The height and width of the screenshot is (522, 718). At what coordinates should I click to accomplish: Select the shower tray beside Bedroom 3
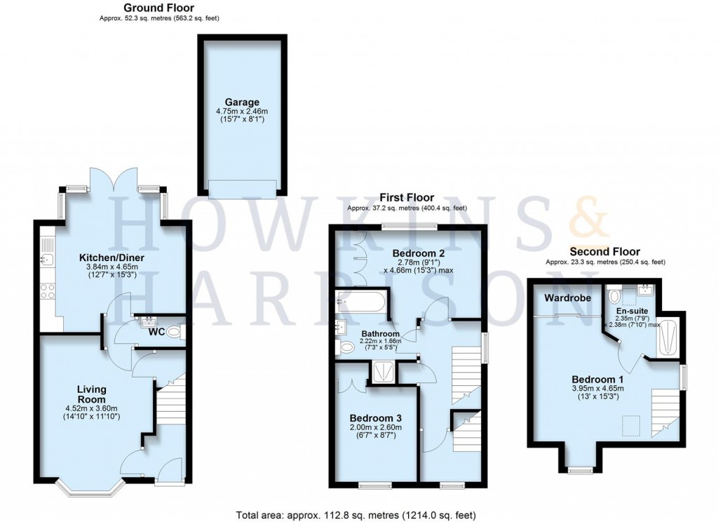pyautogui.click(x=384, y=371)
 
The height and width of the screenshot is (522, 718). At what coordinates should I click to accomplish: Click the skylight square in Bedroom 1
pyautogui.click(x=633, y=423)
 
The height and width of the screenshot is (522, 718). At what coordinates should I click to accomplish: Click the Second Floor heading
pyautogui.click(x=604, y=251)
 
